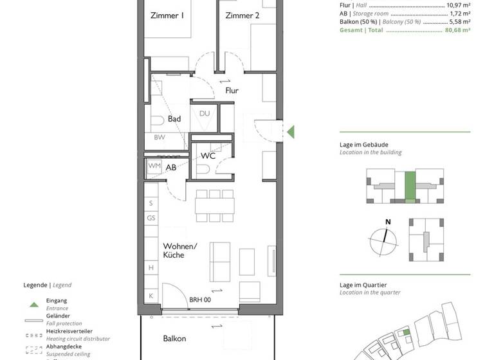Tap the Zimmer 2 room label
pyautogui.click(x=242, y=16)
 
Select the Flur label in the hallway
pyautogui.click(x=232, y=91)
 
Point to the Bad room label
pyautogui.click(x=174, y=119)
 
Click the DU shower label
pyautogui.click(x=205, y=114)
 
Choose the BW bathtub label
pyautogui.click(x=159, y=138)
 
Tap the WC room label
pyautogui.click(x=208, y=156)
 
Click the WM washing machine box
pyautogui.click(x=154, y=166)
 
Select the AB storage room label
pyautogui.click(x=171, y=167)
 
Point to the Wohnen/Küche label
pyautogui.click(x=179, y=251)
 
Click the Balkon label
pyautogui.click(x=174, y=339)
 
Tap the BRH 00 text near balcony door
pyautogui.click(x=200, y=300)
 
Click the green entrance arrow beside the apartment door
pyautogui.click(x=291, y=132)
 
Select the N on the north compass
pyautogui.click(x=388, y=222)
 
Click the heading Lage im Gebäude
pyautogui.click(x=364, y=145)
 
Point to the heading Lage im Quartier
pyautogui.click(x=364, y=285)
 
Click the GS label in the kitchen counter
pyautogui.click(x=152, y=219)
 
